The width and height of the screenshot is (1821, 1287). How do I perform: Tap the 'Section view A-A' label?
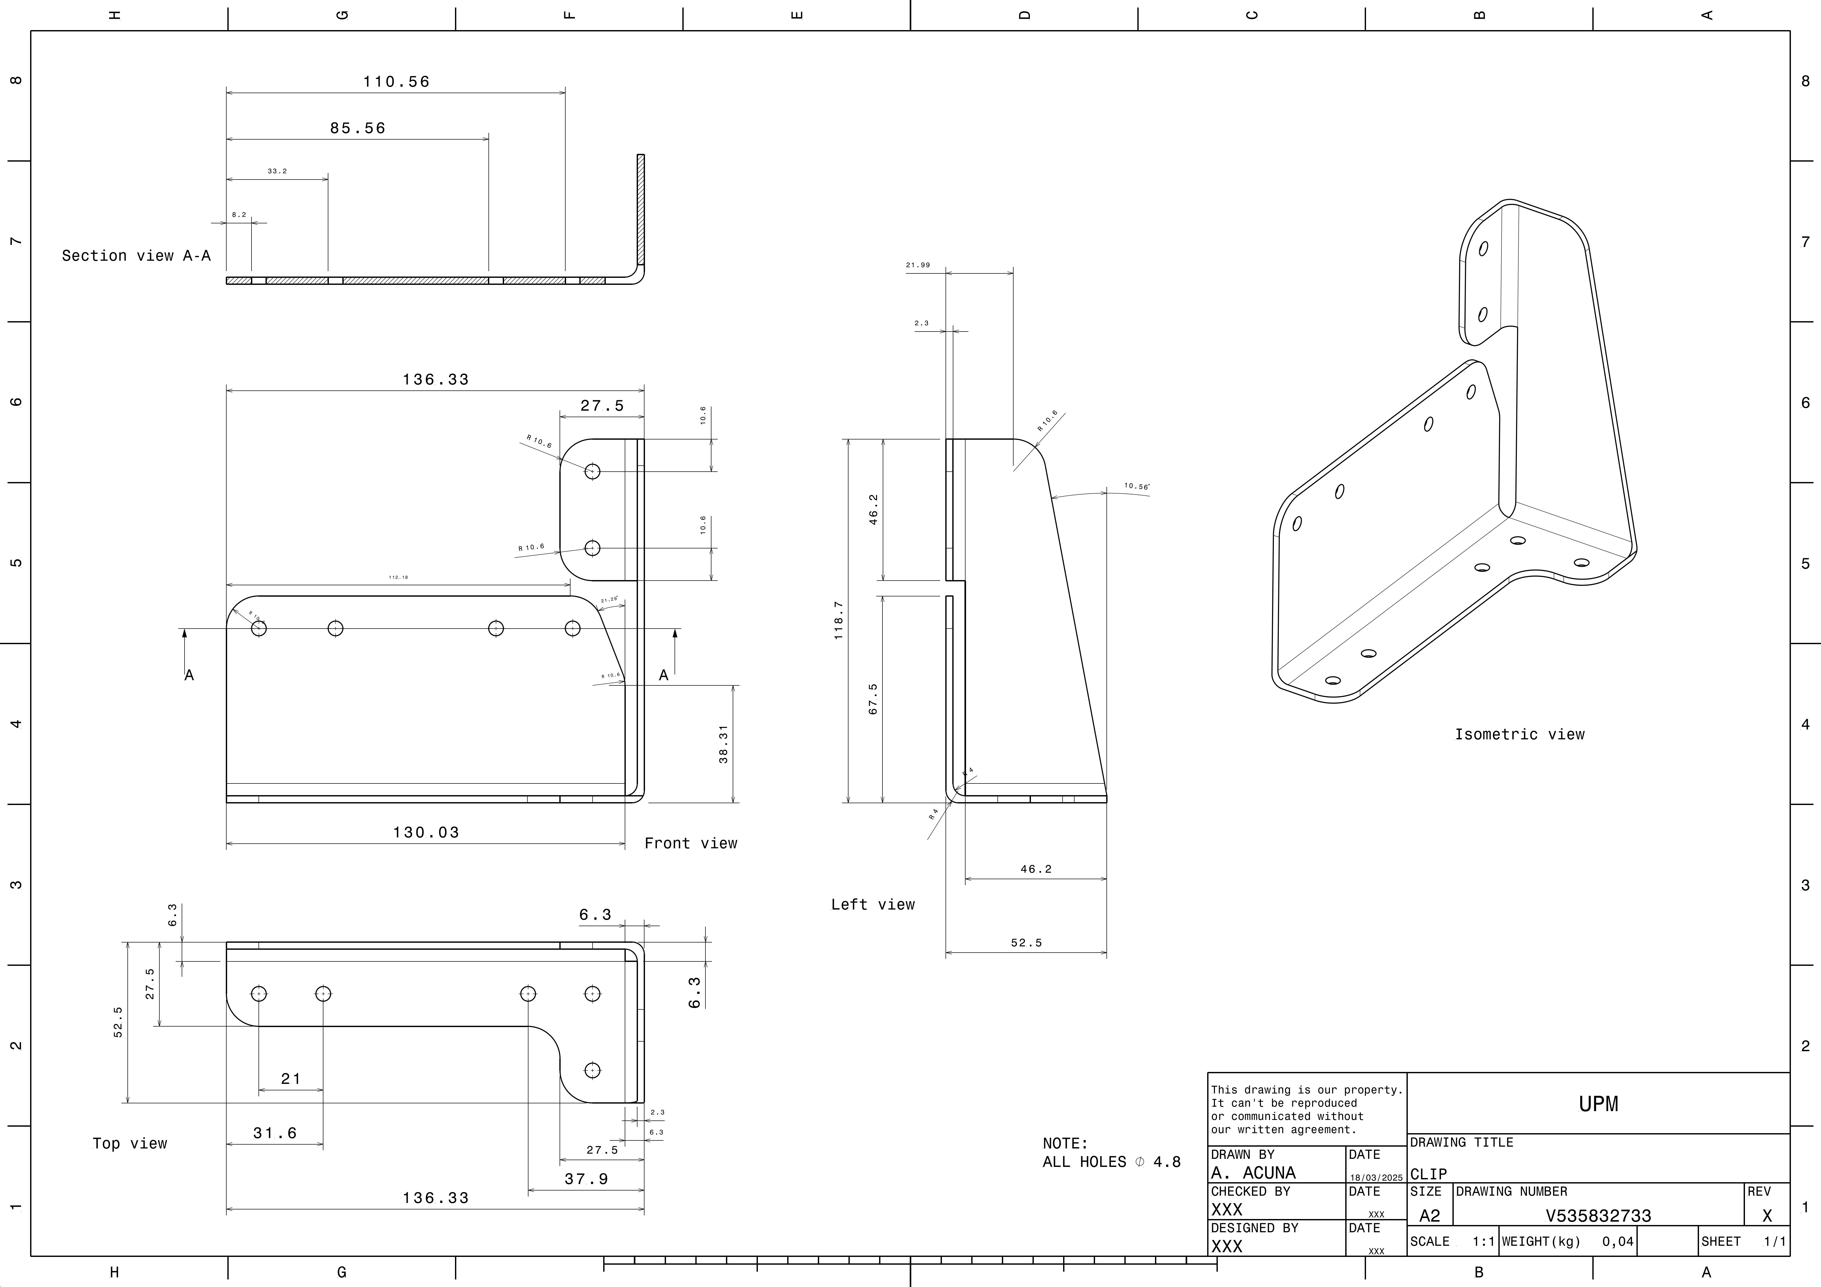click(x=137, y=255)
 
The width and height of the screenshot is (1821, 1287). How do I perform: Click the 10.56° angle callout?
click(x=1137, y=486)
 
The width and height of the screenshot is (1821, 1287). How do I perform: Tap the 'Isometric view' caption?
click(x=1519, y=734)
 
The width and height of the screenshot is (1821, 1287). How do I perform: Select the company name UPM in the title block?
click(x=1598, y=1104)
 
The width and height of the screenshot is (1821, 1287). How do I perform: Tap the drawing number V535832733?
click(x=1598, y=1216)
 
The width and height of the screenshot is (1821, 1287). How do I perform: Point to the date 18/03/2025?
click(x=1376, y=1178)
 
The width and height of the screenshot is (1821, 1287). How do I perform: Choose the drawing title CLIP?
click(x=1428, y=1174)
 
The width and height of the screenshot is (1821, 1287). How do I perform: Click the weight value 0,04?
click(x=1617, y=1241)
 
